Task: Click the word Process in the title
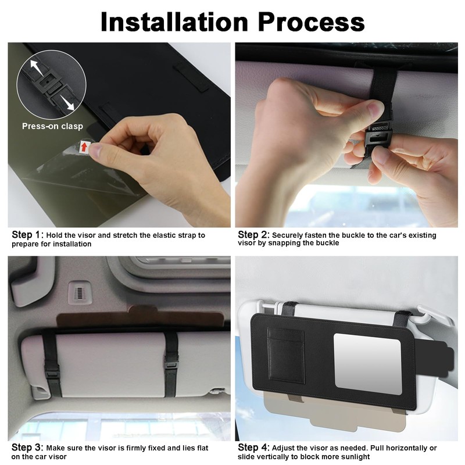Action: point(311,22)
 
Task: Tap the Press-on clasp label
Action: point(52,126)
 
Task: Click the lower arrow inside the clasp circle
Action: point(69,103)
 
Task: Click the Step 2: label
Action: point(253,235)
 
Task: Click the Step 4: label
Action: point(253,448)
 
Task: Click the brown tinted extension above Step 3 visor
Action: point(139,319)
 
